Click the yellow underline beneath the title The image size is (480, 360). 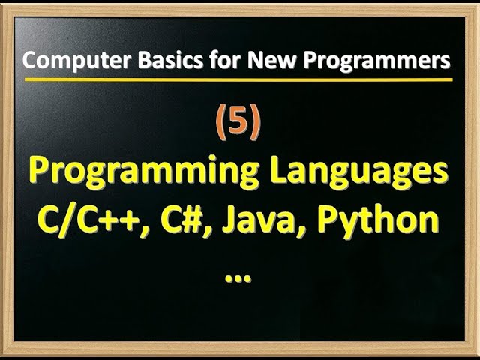[x=238, y=79]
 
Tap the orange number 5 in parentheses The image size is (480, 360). [x=238, y=124]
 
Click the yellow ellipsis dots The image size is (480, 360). [x=238, y=277]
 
